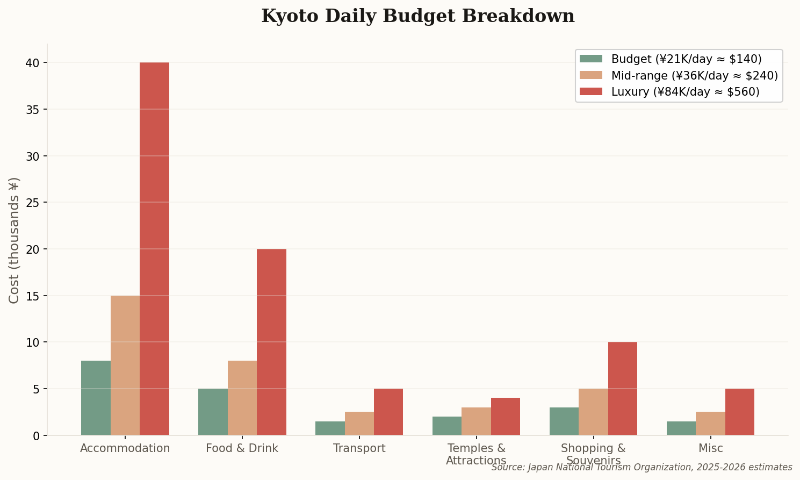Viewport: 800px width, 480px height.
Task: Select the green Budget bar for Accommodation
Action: [x=96, y=398]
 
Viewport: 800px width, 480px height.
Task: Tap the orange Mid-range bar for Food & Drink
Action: [x=242, y=398]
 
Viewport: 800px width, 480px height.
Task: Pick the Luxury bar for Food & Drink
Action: [x=271, y=342]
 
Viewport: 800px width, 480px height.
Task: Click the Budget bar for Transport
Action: [x=330, y=428]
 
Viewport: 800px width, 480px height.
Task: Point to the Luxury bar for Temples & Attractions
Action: [x=506, y=417]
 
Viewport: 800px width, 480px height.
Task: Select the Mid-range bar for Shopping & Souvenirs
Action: [x=593, y=412]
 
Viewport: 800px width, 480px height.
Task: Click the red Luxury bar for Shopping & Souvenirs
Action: [x=623, y=389]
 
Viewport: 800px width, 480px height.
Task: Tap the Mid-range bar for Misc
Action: [x=710, y=424]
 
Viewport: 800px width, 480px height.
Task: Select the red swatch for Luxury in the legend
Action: [x=591, y=92]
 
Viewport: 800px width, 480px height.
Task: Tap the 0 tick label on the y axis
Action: [x=35, y=435]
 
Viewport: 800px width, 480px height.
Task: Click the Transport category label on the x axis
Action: [x=359, y=448]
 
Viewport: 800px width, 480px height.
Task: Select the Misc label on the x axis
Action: [x=710, y=448]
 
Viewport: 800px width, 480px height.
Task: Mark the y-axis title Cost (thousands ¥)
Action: [x=15, y=240]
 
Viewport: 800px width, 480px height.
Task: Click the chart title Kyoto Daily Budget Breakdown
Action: [x=417, y=16]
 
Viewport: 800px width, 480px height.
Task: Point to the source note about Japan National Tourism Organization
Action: [x=642, y=467]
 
